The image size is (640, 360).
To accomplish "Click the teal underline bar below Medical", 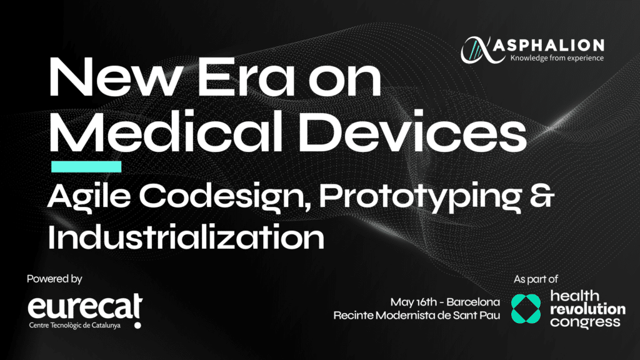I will click(x=86, y=167).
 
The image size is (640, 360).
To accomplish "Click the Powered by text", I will click(x=54, y=279).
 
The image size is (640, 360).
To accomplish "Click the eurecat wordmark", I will click(x=84, y=308).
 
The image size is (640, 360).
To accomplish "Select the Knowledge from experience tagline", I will click(x=556, y=59).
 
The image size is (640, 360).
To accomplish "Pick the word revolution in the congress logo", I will click(x=587, y=309).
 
